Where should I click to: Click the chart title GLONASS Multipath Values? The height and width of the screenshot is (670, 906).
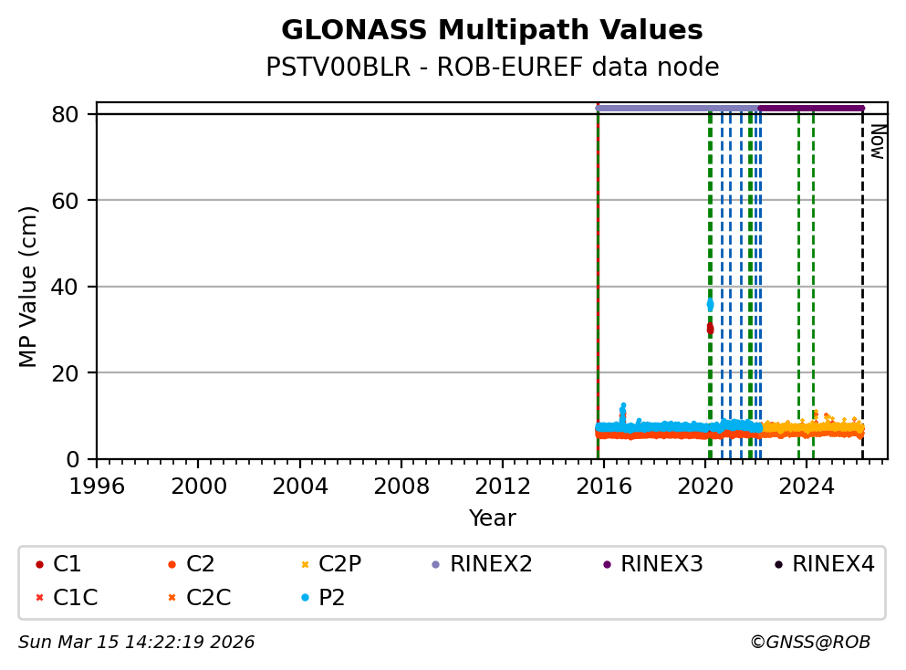click(492, 31)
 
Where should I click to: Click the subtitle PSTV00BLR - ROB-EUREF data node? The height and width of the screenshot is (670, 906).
click(492, 68)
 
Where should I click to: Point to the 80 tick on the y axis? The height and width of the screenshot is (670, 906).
click(77, 114)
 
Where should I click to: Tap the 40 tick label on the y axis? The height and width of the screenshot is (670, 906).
click(77, 287)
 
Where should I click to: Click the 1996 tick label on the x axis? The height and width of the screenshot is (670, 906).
click(98, 486)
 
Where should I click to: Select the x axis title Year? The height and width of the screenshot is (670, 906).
click(492, 518)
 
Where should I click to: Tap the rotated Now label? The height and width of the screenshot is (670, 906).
click(877, 141)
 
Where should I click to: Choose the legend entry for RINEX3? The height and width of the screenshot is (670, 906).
click(661, 564)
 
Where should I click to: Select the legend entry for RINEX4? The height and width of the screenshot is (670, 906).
click(832, 564)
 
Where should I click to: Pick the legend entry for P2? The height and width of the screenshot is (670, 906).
click(331, 598)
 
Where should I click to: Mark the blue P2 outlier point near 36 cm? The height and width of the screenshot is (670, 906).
click(710, 305)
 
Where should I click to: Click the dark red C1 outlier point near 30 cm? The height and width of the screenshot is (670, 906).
click(710, 329)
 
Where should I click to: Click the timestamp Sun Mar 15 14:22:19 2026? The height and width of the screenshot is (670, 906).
click(136, 643)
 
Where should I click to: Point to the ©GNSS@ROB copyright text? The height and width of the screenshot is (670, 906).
click(809, 643)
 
